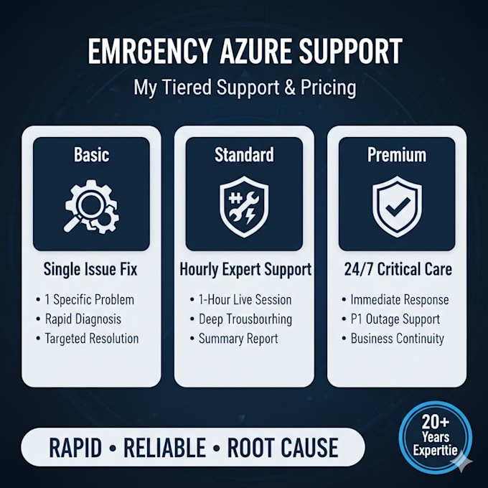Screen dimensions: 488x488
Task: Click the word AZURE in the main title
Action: click(256, 52)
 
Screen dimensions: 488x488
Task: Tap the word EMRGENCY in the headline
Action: click(149, 52)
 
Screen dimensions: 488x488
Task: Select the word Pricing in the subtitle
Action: click(329, 88)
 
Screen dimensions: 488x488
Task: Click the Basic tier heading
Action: click(92, 155)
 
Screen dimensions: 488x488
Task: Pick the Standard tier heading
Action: click(244, 155)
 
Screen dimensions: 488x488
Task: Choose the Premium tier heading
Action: click(397, 155)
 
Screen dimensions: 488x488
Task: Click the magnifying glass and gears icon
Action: click(92, 207)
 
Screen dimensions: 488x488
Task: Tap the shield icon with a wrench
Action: click(244, 207)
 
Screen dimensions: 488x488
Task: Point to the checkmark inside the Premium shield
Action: click(398, 207)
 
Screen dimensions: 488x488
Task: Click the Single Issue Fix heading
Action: click(90, 269)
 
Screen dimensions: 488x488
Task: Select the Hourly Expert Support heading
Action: click(245, 270)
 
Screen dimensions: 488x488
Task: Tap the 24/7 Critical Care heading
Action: click(398, 269)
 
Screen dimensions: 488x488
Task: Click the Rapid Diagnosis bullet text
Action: click(83, 319)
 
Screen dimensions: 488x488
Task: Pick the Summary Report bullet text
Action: click(238, 339)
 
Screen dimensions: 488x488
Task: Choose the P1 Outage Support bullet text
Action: click(395, 319)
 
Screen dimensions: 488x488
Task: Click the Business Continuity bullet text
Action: click(398, 339)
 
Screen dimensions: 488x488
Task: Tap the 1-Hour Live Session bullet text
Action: click(245, 300)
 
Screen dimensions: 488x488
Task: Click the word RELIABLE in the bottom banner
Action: click(164, 448)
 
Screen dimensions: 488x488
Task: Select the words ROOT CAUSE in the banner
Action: click(283, 448)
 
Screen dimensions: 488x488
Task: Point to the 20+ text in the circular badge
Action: click(436, 422)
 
